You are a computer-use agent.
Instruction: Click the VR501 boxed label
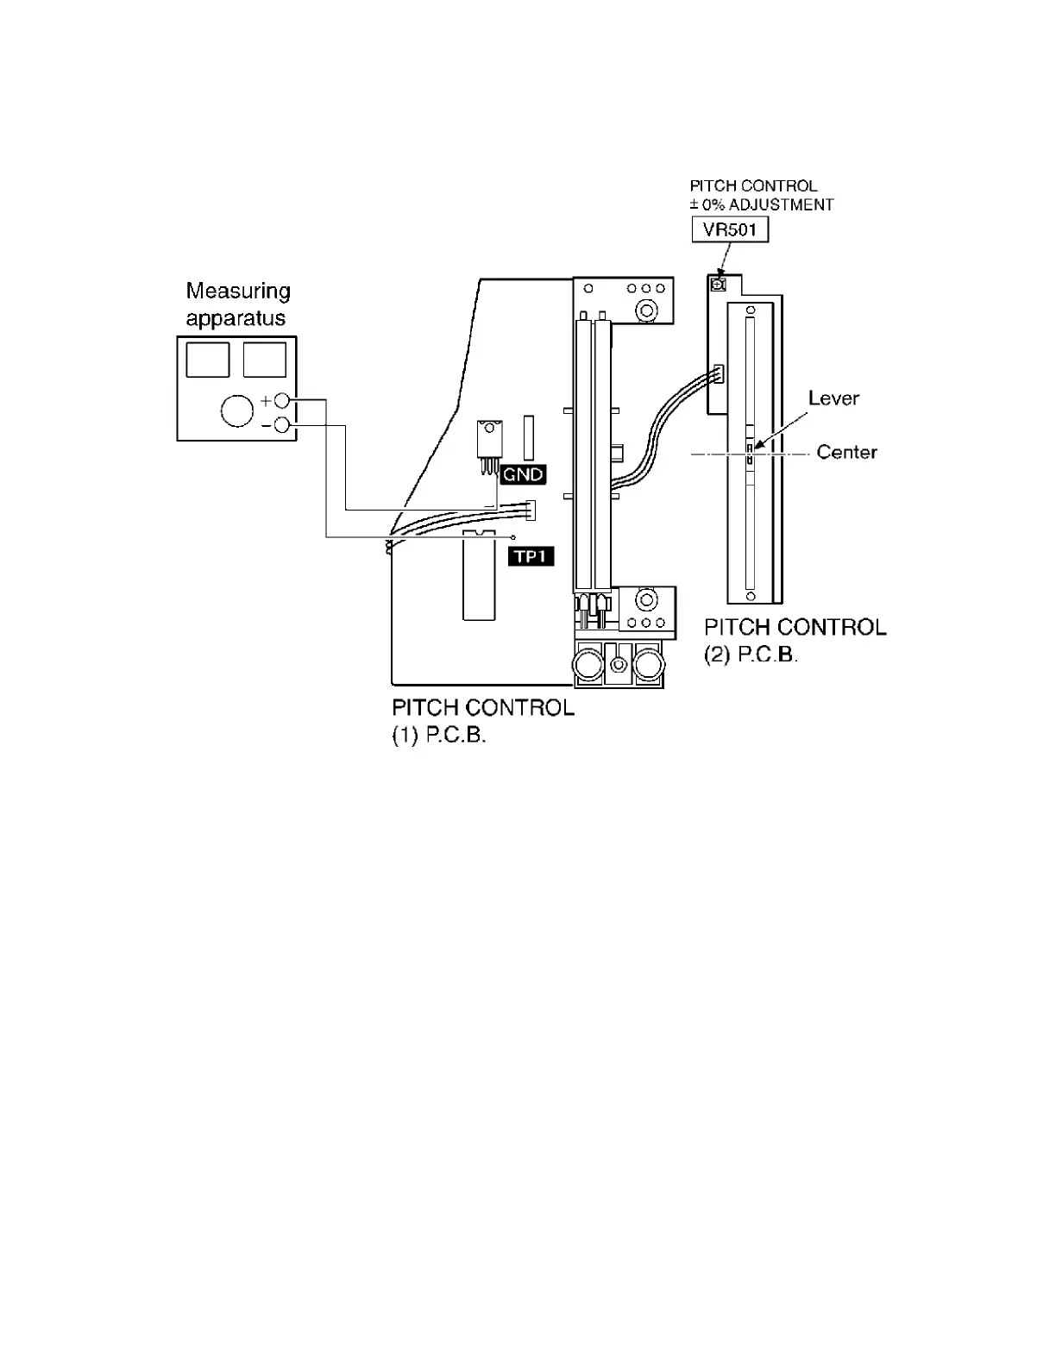(730, 230)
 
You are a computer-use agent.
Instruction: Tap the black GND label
(523, 474)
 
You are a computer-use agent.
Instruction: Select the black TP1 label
(531, 557)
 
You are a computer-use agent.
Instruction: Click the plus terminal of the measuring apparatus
(281, 401)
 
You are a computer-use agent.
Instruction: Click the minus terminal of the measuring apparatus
(281, 424)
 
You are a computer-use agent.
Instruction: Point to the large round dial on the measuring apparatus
(237, 410)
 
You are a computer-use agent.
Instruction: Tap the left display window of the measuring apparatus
(208, 360)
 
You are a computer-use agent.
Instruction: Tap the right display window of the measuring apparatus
(265, 360)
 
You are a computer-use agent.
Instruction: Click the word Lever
(833, 398)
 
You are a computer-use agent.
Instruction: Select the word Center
(846, 453)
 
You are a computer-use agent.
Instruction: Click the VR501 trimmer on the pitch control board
(717, 283)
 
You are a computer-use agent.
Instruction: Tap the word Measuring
(238, 291)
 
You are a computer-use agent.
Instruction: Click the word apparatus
(236, 319)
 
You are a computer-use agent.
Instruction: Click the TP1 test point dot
(514, 537)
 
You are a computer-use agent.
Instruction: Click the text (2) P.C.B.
(751, 655)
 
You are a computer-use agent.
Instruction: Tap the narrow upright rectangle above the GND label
(528, 437)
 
